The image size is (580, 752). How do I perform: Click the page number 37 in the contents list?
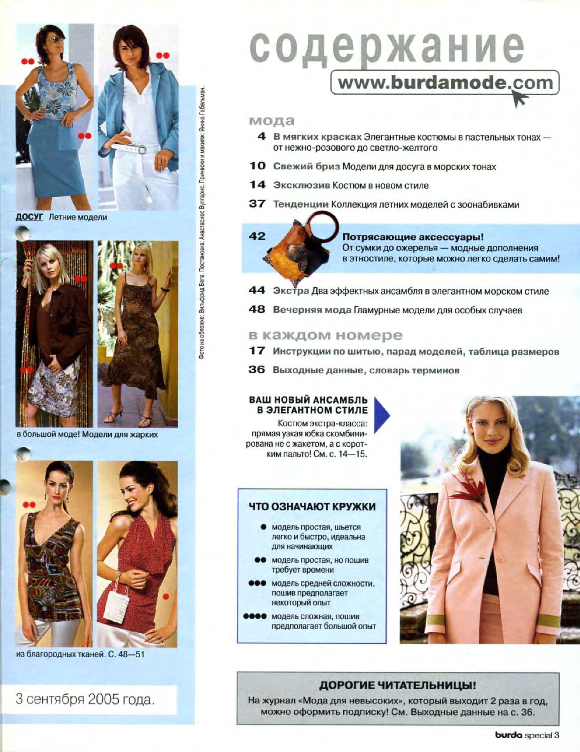257,204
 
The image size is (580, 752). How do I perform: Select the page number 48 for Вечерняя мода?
257,310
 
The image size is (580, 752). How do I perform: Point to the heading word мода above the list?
272,121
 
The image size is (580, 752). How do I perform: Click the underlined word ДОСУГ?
30,217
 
